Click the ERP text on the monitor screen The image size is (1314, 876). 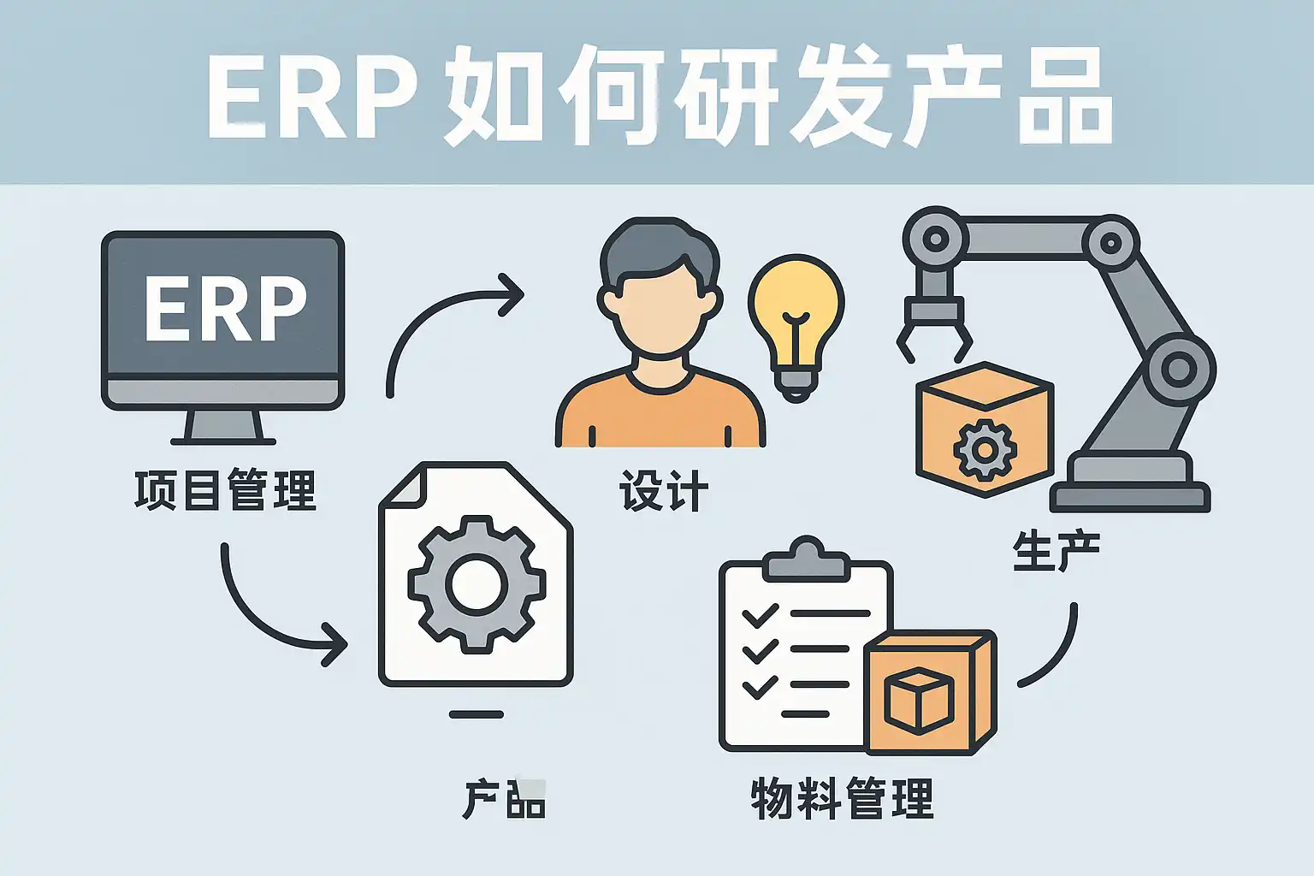point(226,308)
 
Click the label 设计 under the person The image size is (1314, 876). point(664,490)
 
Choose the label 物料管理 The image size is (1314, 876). point(843,798)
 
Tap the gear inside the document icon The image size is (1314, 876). point(476,583)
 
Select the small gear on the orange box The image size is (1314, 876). point(985,450)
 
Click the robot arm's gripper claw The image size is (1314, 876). point(934,328)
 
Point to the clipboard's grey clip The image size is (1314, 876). point(807,559)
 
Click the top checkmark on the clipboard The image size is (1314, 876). point(761,615)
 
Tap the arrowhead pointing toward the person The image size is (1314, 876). point(512,294)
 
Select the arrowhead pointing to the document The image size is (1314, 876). point(335,644)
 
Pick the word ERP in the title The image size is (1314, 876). point(312,97)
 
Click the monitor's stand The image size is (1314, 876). point(223,427)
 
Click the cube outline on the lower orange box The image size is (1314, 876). point(919,701)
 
